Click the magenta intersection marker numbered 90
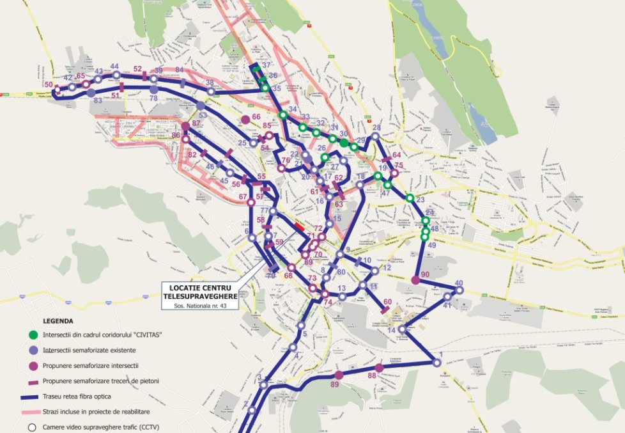pyautogui.click(x=416, y=280)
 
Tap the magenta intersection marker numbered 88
pyautogui.click(x=379, y=368)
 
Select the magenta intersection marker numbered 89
pyautogui.click(x=339, y=375)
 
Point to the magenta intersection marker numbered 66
pyautogui.click(x=245, y=120)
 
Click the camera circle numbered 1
pyautogui.click(x=437, y=363)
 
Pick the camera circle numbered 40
pyautogui.click(x=459, y=290)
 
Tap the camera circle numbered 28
pyautogui.click(x=376, y=136)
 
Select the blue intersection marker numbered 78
pyautogui.click(x=153, y=90)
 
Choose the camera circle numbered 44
pyautogui.click(x=116, y=75)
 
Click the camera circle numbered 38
pyautogui.click(x=210, y=91)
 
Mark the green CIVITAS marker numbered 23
pyautogui.click(x=410, y=198)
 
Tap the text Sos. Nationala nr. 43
pyautogui.click(x=199, y=306)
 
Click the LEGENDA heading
pyautogui.click(x=58, y=320)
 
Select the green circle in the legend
pyautogui.click(x=33, y=335)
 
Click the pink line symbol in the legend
pyautogui.click(x=33, y=411)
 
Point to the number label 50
pyautogui.click(x=49, y=84)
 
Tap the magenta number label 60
pyautogui.click(x=387, y=302)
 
